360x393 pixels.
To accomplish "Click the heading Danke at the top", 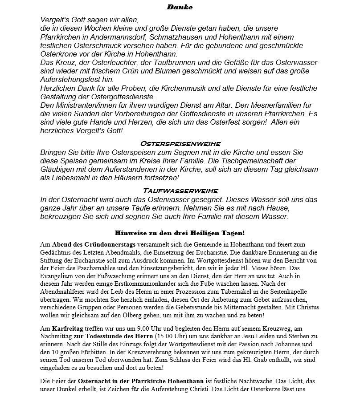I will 180,7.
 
